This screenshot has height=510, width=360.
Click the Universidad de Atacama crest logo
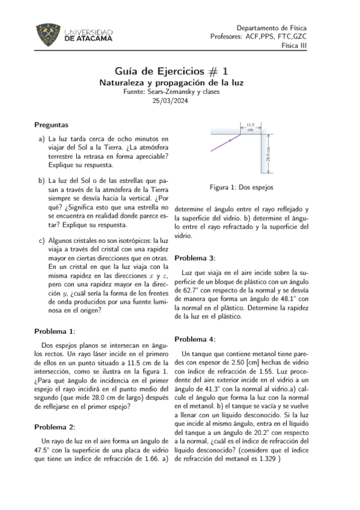pyautogui.click(x=47, y=34)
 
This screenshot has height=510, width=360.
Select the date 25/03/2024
pyautogui.click(x=180, y=101)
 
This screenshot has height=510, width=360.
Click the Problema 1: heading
pyautogui.click(x=55, y=331)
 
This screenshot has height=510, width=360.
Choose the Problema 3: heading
pyautogui.click(x=194, y=258)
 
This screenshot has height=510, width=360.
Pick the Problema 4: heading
pyautogui.click(x=194, y=339)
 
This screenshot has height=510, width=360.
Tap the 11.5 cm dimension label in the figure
pyautogui.click(x=251, y=126)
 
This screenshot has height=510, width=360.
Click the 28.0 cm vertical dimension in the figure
pyautogui.click(x=269, y=155)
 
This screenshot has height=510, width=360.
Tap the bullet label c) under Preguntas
pyautogui.click(x=41, y=241)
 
